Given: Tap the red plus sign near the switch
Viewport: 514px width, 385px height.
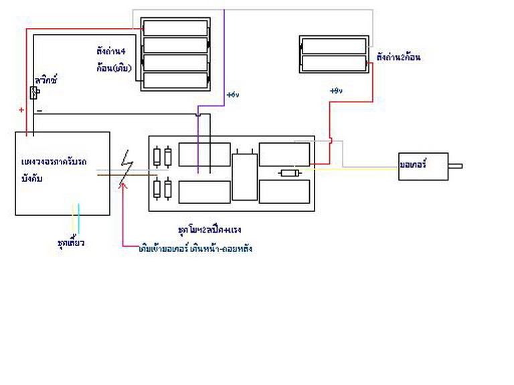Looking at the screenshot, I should (x=21, y=110).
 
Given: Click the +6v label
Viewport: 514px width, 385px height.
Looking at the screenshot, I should (x=232, y=94).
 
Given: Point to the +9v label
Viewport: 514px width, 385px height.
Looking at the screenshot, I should (x=336, y=90).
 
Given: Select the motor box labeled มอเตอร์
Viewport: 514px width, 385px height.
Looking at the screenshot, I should (x=422, y=164).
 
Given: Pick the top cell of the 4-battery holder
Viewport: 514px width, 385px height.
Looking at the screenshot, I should (x=175, y=27).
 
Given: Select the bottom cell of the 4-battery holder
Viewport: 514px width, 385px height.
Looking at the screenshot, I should (x=175, y=80).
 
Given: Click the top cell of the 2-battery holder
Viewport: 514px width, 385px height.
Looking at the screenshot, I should (x=334, y=46).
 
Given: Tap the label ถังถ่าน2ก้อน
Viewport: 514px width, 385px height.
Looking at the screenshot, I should (x=398, y=57).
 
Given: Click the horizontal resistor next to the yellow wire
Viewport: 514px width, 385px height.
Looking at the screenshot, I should (x=289, y=173).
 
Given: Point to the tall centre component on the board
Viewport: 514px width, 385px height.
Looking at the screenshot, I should (x=244, y=175).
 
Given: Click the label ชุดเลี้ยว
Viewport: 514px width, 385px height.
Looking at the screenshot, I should (x=71, y=242).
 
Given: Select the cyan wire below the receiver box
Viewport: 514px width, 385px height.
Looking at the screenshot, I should (x=79, y=218).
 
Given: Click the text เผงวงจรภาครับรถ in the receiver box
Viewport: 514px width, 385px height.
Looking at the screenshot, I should (x=54, y=163).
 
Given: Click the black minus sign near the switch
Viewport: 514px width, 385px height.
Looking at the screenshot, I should (x=39, y=110).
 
